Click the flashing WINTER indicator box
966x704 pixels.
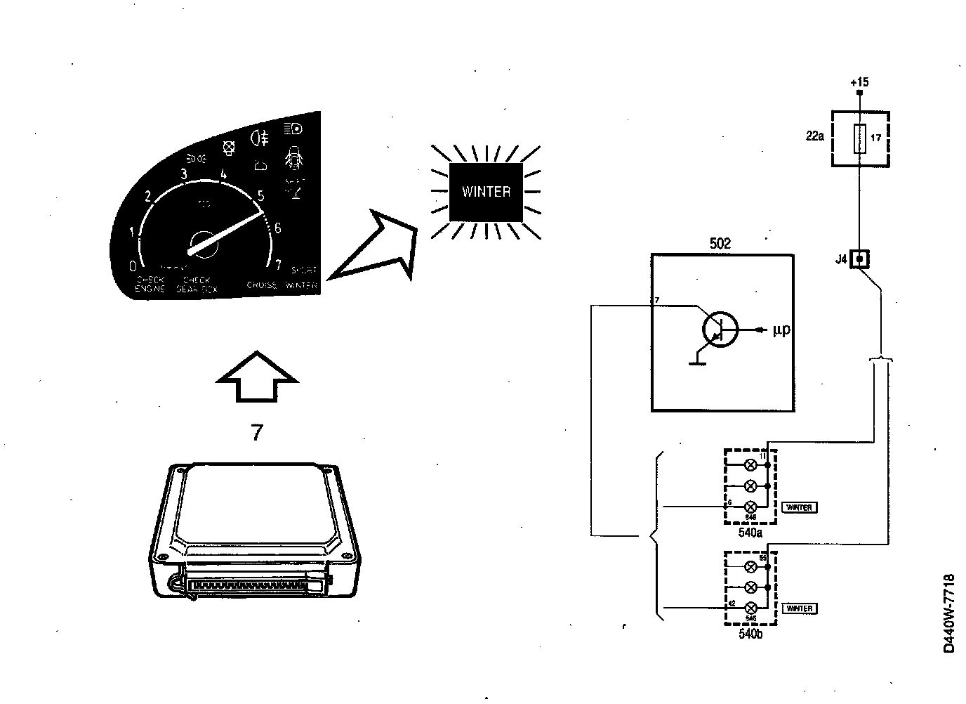486,192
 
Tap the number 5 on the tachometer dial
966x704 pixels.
261,195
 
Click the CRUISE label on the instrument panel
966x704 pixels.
262,285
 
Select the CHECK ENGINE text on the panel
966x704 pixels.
151,284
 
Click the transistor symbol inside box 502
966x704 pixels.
720,330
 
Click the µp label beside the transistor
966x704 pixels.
781,330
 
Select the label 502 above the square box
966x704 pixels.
720,244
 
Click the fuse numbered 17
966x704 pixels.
857,138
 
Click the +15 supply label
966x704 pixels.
859,82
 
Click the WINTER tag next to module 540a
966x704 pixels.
799,507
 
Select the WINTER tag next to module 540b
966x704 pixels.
799,608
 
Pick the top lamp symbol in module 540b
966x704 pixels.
750,566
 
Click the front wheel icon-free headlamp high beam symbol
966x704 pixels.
293,129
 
